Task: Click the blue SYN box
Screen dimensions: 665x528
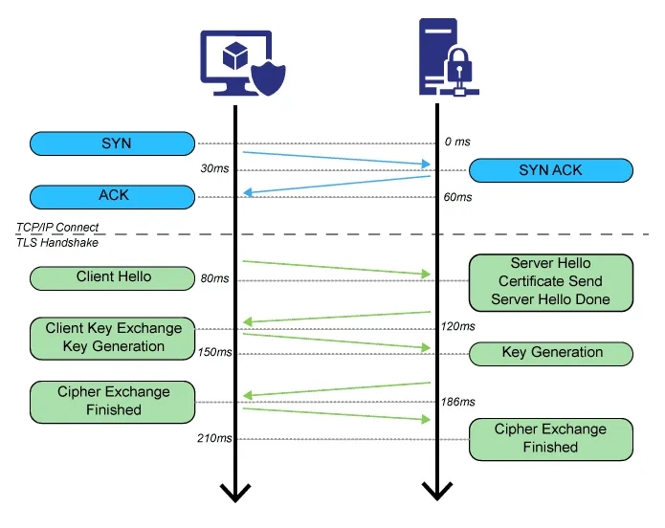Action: click(112, 143)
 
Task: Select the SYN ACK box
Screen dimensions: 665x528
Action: click(551, 170)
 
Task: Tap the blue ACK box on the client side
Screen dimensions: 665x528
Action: click(112, 197)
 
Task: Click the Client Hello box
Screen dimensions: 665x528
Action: click(112, 278)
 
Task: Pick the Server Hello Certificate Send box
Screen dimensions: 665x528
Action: click(551, 282)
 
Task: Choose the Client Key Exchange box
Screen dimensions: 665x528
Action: click(112, 339)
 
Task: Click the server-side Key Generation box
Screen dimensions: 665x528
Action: click(551, 354)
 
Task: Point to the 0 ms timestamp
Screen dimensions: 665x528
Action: click(457, 142)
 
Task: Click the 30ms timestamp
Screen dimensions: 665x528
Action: click(214, 168)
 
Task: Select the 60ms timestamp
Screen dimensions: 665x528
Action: click(457, 197)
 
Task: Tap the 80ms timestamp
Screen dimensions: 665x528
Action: click(214, 278)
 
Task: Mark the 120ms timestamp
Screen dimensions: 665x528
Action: click(458, 326)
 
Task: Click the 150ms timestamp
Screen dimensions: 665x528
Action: click(214, 352)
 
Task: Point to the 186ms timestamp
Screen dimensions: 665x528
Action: click(458, 402)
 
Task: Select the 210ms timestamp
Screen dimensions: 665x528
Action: click(214, 438)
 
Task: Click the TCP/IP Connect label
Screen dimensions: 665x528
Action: click(57, 228)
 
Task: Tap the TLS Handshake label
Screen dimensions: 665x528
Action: click(57, 243)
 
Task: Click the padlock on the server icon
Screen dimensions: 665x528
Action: click(458, 67)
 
